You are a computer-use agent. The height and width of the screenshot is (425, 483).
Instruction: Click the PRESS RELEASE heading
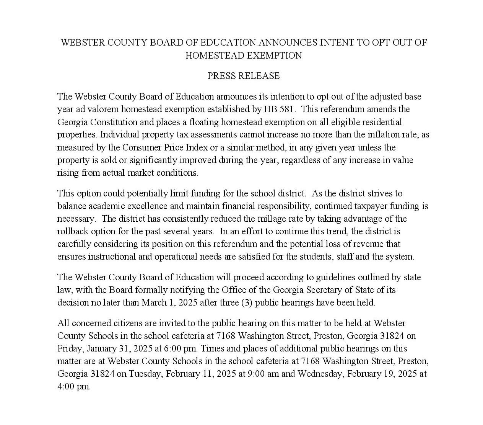(x=244, y=76)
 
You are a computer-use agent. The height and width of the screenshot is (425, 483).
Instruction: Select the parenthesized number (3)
(x=247, y=302)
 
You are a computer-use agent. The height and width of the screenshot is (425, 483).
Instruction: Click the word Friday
(x=70, y=348)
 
